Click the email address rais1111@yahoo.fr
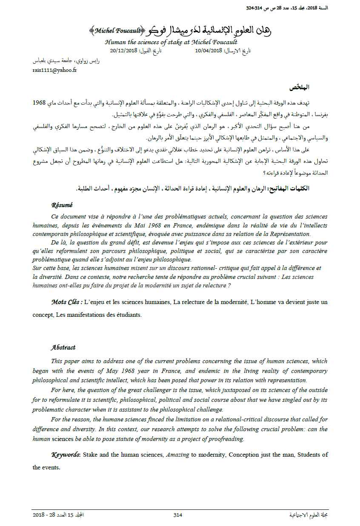click(x=54, y=70)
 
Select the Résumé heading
click(x=62, y=205)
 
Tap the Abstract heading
click(x=63, y=347)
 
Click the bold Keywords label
click(x=66, y=455)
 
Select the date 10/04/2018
click(x=209, y=51)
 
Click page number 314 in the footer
click(x=178, y=515)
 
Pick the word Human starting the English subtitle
click(x=114, y=43)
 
